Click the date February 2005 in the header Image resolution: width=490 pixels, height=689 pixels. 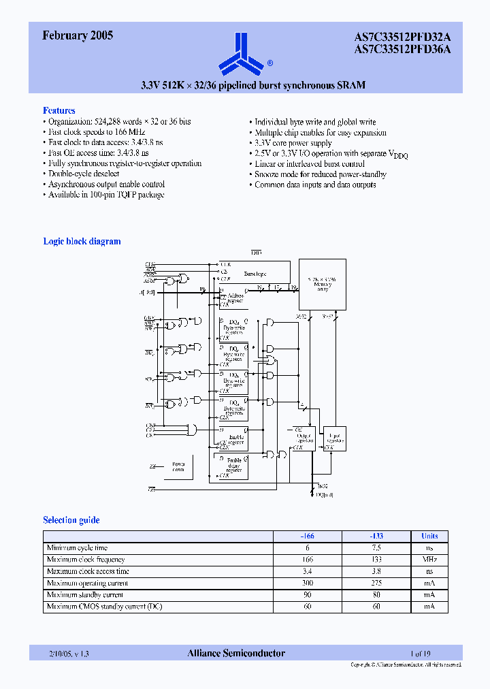click(78, 36)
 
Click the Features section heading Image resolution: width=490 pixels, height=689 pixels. click(59, 110)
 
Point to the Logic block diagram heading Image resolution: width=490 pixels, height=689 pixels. click(82, 241)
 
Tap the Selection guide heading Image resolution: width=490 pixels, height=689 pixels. click(71, 520)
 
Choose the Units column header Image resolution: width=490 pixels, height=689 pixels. click(429, 536)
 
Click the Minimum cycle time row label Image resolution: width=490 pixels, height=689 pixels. click(77, 547)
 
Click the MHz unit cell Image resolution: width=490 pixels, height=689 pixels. click(429, 560)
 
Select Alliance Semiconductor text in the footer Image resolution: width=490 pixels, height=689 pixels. click(236, 654)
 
